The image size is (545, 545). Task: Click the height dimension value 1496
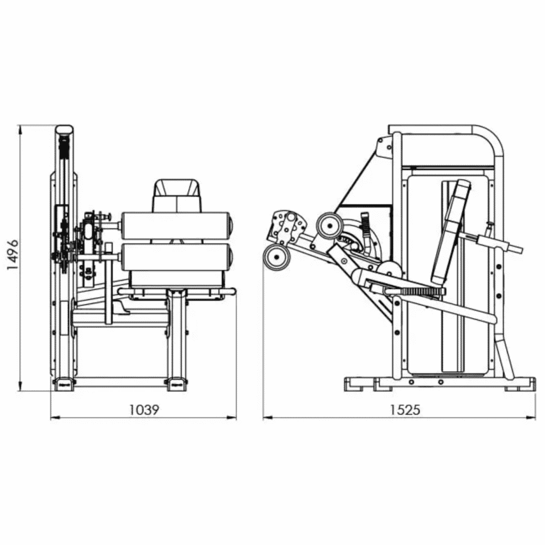[13, 255]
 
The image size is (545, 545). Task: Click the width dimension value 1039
[144, 410]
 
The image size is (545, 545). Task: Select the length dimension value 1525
[404, 410]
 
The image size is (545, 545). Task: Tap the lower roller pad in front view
[177, 257]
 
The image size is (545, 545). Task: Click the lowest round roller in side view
[277, 257]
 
